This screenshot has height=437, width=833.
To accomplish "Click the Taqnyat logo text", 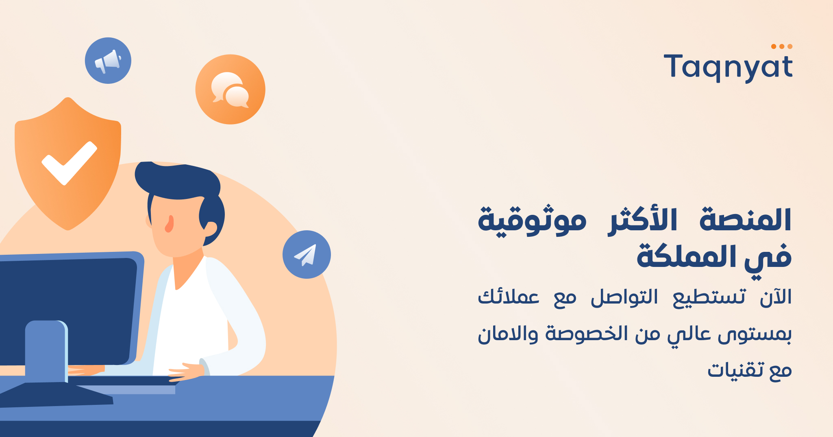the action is coord(728,67).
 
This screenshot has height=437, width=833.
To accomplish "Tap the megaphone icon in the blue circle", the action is coord(108,61).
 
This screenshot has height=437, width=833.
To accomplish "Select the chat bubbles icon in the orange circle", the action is coord(230,90).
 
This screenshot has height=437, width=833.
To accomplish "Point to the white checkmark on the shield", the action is coord(69,163).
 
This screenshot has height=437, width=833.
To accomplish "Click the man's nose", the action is coord(169,224).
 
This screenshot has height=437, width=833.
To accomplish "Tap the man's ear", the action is coord(210,229).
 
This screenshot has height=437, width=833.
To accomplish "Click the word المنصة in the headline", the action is coord(745,220).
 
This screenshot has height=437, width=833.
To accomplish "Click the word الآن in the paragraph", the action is coord(776,297).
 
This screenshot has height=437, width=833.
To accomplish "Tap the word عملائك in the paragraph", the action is coord(509,297).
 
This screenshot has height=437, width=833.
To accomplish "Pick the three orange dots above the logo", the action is coord(781,46).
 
